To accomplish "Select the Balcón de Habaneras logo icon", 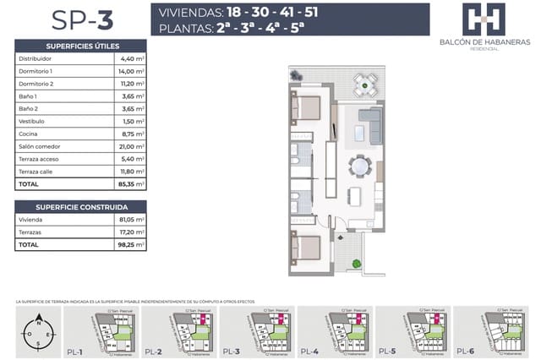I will click(484, 19).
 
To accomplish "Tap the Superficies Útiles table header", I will click(80, 46).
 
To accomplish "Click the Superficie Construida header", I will click(80, 206).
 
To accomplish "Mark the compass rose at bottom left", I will click(37, 332).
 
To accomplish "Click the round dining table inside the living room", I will click(361, 166).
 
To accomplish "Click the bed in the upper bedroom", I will click(306, 109).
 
